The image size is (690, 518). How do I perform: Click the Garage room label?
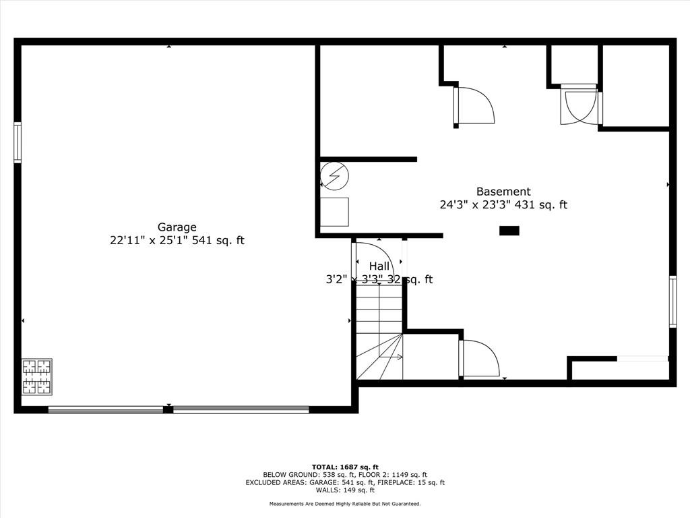177,227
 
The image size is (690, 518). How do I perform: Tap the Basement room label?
503,192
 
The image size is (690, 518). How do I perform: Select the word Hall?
379,266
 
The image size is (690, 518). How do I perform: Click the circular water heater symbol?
334,176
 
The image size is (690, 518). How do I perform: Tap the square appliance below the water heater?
334,212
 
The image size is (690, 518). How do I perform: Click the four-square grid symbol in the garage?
37,376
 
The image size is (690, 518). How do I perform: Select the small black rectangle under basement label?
509,231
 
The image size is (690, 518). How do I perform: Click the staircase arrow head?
400,357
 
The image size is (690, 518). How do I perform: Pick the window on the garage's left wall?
18,142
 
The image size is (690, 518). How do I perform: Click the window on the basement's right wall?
673,301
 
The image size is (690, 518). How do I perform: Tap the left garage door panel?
106,410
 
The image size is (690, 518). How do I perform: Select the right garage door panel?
241,410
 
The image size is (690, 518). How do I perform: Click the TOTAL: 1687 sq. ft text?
345,467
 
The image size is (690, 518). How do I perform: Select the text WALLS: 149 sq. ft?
345,490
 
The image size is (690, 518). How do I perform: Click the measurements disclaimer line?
345,503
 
